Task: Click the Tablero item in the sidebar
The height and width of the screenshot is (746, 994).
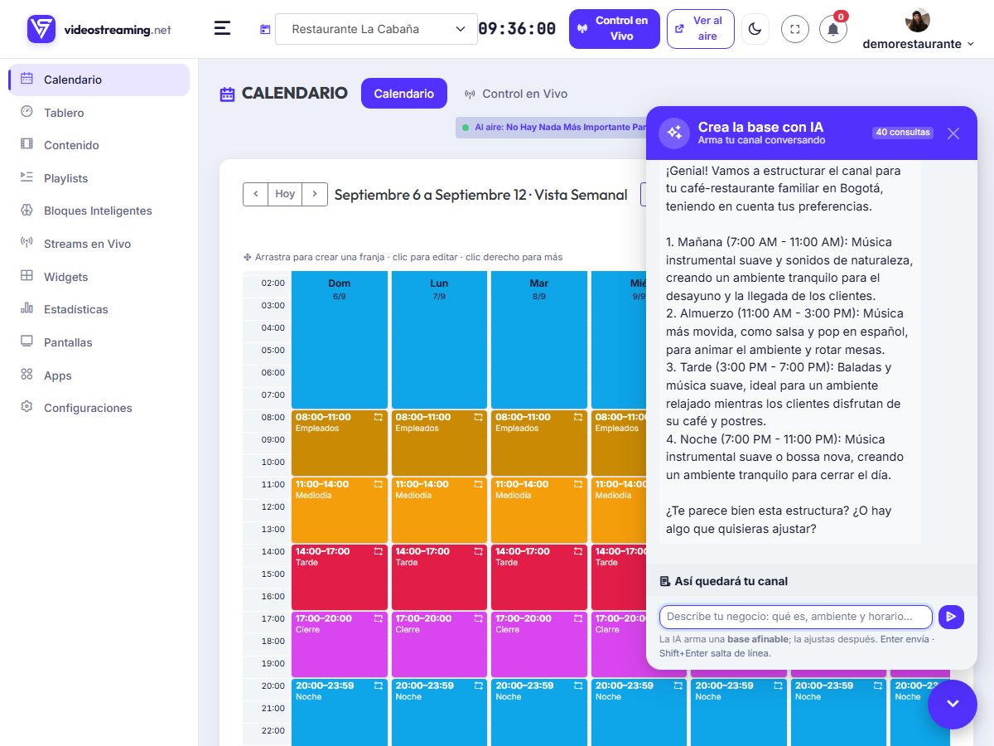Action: tap(64, 113)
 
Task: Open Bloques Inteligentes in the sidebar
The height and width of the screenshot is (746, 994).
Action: tap(98, 211)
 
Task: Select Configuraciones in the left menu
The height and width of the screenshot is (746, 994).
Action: tap(88, 408)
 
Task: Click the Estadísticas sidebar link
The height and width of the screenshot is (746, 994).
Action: tap(75, 309)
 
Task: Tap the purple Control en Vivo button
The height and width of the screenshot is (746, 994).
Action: tap(614, 28)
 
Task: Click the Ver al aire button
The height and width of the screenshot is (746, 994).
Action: tap(700, 28)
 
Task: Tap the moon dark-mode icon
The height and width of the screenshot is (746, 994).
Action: tap(755, 29)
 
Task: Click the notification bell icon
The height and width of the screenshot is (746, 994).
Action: tap(832, 30)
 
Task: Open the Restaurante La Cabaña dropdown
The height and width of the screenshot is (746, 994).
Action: tap(376, 29)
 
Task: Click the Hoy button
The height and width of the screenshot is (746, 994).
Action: tap(285, 194)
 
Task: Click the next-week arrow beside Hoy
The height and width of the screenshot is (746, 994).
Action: tap(315, 194)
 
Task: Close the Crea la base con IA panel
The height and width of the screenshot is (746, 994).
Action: tap(953, 133)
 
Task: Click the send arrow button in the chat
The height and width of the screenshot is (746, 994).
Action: tap(951, 617)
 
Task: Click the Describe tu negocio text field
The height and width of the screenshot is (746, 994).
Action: tap(796, 617)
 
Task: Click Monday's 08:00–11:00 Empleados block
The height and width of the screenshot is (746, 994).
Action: tap(439, 443)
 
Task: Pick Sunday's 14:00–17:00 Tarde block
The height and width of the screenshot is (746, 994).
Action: tap(339, 577)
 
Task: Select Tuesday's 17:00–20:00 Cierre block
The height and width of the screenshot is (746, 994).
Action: tap(539, 644)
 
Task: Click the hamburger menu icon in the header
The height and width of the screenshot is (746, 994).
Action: tap(222, 28)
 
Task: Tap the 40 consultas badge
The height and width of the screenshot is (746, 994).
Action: tap(902, 133)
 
